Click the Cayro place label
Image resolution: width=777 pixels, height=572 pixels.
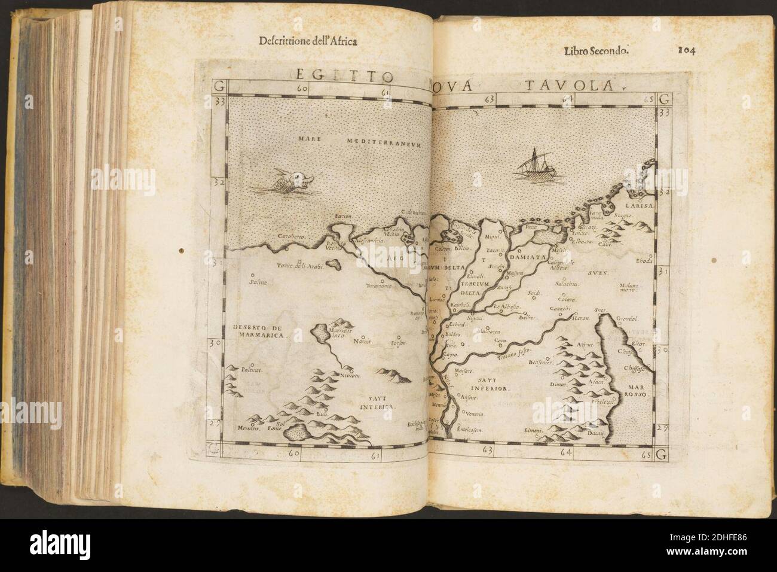coord(449,355)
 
